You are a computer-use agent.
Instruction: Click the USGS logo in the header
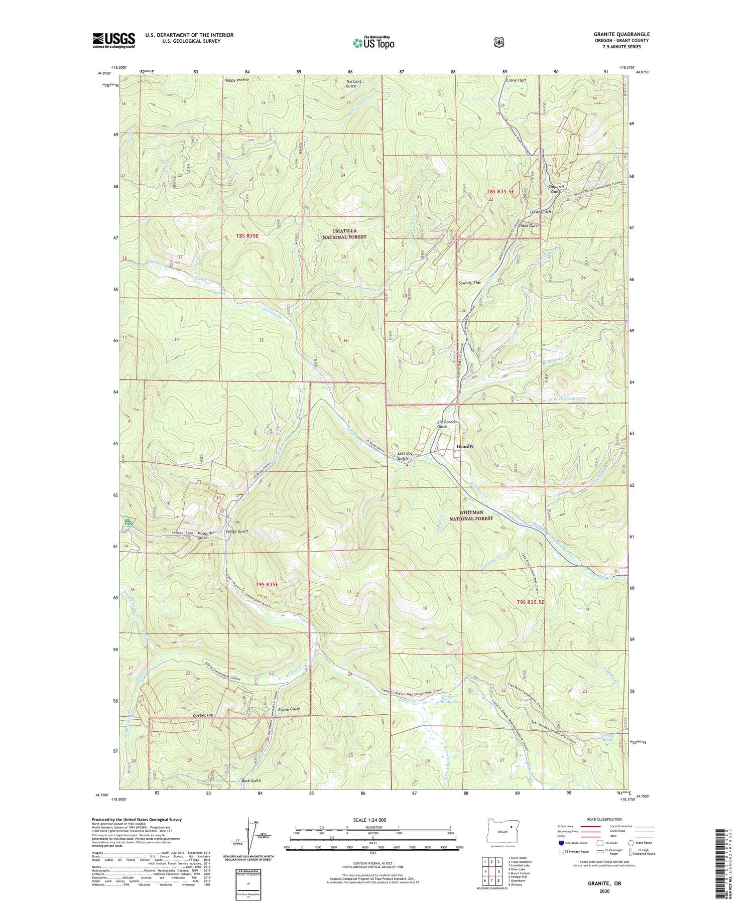pos(113,40)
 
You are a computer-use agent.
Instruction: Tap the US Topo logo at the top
pos(373,43)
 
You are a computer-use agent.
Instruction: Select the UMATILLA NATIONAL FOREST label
pos(344,234)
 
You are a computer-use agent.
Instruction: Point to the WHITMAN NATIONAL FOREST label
pos(471,515)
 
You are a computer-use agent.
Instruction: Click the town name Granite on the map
pos(465,446)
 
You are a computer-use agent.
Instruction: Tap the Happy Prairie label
pos(236,79)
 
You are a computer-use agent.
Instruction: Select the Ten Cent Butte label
pos(353,83)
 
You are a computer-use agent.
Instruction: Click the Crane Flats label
pos(516,80)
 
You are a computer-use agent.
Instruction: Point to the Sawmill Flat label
pos(469,283)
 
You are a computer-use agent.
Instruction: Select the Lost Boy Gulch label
pos(405,456)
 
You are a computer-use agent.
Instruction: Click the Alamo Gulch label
pos(289,709)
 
